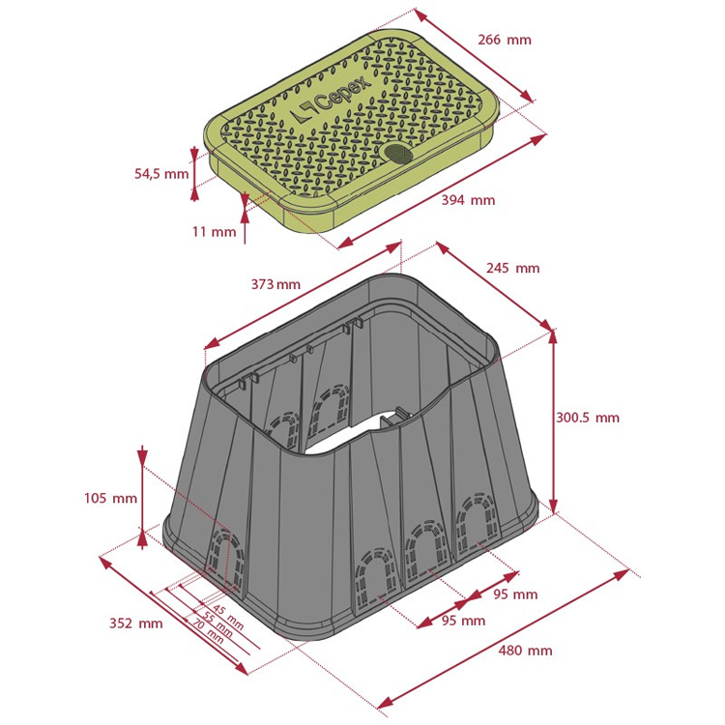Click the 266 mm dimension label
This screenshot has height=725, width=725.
click(x=505, y=40)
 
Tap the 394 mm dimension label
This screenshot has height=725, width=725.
click(x=468, y=200)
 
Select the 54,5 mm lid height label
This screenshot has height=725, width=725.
click(x=161, y=174)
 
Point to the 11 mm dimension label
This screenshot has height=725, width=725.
click(x=214, y=231)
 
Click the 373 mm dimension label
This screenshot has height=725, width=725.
click(x=275, y=284)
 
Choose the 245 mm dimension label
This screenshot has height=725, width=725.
click(x=512, y=268)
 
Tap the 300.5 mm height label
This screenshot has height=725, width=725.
click(x=587, y=418)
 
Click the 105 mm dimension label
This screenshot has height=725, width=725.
click(x=110, y=498)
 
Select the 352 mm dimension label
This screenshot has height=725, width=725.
click(x=136, y=623)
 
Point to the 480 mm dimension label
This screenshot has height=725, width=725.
click(x=525, y=651)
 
